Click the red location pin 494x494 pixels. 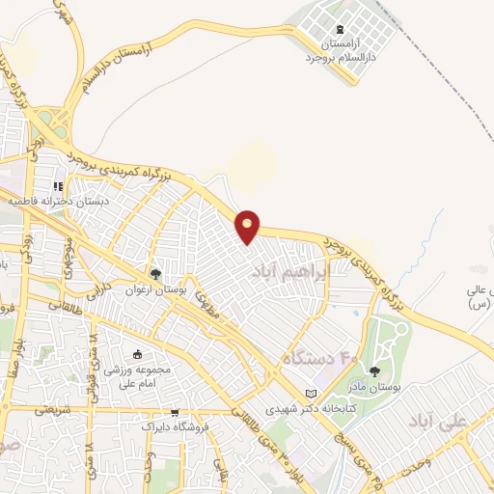(249, 226)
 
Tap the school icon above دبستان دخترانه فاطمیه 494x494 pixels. (58, 186)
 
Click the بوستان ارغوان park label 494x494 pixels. (153, 290)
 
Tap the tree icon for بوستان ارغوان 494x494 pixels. (155, 275)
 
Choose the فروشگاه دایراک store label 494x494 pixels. (172, 425)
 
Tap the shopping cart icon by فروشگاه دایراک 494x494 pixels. (173, 411)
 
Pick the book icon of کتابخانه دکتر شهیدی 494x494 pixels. (310, 394)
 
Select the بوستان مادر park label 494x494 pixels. (374, 387)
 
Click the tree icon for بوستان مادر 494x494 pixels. (375, 370)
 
